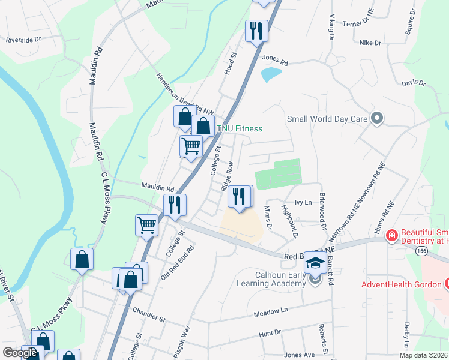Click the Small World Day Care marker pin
click(x=377, y=118)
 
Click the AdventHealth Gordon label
click(x=402, y=284)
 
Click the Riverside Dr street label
click(x=23, y=40)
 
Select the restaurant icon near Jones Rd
click(x=257, y=31)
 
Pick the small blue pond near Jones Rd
click(x=271, y=74)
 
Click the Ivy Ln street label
click(x=303, y=202)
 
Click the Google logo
click(x=20, y=353)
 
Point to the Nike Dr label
click(x=370, y=43)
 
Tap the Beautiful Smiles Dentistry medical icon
click(x=391, y=236)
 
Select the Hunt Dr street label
click(x=270, y=332)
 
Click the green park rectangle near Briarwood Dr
click(x=278, y=174)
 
